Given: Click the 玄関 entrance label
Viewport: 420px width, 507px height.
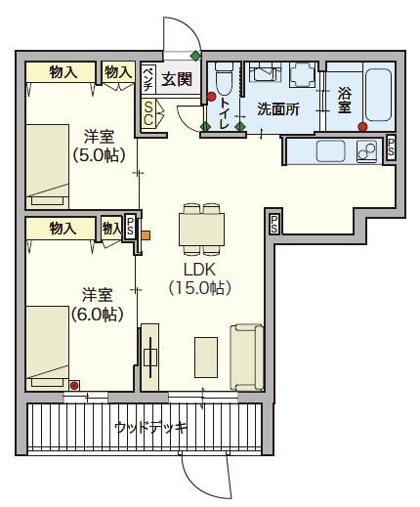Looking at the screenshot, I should (x=177, y=79).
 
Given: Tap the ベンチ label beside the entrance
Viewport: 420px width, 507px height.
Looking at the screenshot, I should (x=148, y=77).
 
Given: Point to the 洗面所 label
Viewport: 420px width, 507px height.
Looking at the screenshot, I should (x=276, y=109).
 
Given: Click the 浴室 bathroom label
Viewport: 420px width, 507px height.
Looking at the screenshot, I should (x=345, y=102).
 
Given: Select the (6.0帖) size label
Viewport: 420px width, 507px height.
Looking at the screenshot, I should (x=96, y=314).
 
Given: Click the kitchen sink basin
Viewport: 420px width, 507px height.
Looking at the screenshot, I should (x=331, y=151).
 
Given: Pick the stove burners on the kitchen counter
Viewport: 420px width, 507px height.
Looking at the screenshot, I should (x=366, y=151).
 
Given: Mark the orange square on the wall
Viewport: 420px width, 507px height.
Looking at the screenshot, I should (x=146, y=234).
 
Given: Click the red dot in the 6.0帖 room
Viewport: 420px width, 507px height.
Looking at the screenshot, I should (x=73, y=385).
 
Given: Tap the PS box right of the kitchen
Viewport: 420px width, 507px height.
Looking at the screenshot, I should (x=392, y=147).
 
